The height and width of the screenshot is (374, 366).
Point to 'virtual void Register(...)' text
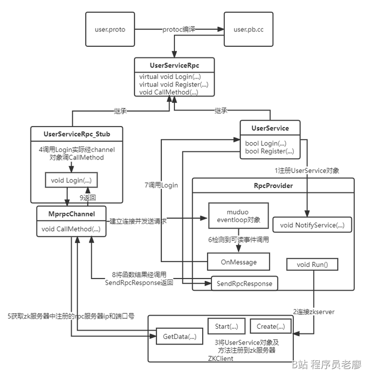pos(174,84)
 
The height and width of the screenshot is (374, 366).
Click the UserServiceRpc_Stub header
pos(77,134)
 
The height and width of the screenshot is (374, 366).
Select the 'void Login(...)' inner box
pos(71,180)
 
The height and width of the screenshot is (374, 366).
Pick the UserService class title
pos(270,128)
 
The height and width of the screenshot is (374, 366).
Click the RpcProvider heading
pos(272,185)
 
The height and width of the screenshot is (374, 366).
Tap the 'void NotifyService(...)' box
pos(312,225)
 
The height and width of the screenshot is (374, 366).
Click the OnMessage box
pos(237,262)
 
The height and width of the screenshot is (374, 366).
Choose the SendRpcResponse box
pos(244,284)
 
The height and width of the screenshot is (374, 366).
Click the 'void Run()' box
pos(312,264)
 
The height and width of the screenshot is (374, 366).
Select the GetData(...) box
pos(179,336)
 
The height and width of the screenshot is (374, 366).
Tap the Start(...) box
pos(227,326)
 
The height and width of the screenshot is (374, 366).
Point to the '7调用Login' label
pos(161,185)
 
